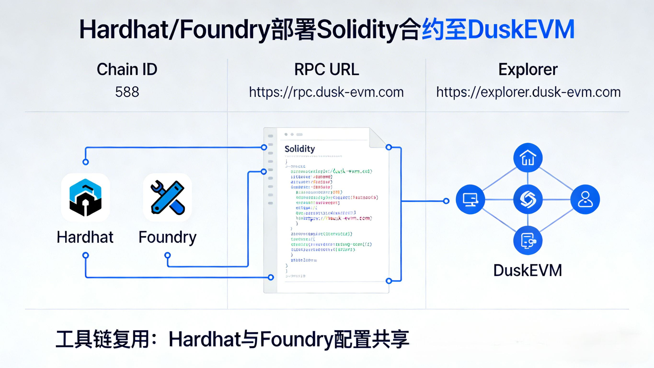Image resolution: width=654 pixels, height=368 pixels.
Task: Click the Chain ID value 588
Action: (x=127, y=92)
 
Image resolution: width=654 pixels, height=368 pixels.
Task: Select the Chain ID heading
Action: (x=127, y=69)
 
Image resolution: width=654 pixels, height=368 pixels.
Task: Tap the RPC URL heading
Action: (x=327, y=69)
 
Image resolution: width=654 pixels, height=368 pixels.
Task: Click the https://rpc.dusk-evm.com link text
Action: (x=326, y=92)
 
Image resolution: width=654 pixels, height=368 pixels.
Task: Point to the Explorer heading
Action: (x=528, y=69)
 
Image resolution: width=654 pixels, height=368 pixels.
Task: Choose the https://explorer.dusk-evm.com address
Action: (x=528, y=92)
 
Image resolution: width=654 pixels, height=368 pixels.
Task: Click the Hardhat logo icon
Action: (x=86, y=198)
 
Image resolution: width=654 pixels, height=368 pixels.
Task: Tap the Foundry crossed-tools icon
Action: (x=167, y=198)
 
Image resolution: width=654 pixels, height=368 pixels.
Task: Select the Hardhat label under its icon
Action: (x=85, y=237)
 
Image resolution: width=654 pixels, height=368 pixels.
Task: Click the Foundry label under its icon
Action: (x=167, y=237)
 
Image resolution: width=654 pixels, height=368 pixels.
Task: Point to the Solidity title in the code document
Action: (x=300, y=149)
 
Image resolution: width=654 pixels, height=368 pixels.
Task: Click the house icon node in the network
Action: (x=528, y=158)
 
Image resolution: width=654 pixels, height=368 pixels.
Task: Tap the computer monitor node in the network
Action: (x=470, y=199)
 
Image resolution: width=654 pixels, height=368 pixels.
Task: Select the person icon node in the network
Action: (x=585, y=199)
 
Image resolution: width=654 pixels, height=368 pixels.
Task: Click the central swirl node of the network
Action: (x=528, y=199)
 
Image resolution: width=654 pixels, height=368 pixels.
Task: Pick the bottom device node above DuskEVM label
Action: (x=528, y=240)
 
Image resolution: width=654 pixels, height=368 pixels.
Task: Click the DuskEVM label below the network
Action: (x=528, y=270)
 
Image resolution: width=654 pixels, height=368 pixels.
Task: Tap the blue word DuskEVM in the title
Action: (x=521, y=29)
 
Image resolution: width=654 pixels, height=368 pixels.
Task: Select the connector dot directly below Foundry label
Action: (x=167, y=255)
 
